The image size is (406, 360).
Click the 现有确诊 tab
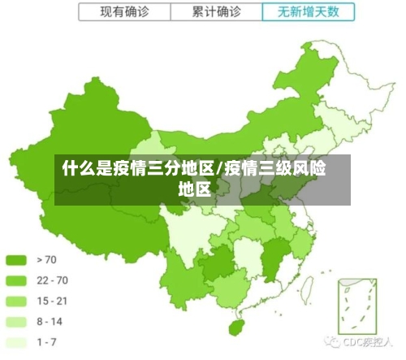124,12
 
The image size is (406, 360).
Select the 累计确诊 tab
217,12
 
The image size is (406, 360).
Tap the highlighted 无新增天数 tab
309,12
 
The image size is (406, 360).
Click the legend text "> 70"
46,260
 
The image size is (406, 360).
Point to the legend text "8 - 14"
50,322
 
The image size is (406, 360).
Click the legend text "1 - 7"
46,342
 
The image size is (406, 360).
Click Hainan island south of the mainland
237,327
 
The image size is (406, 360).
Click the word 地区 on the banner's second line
194,190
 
